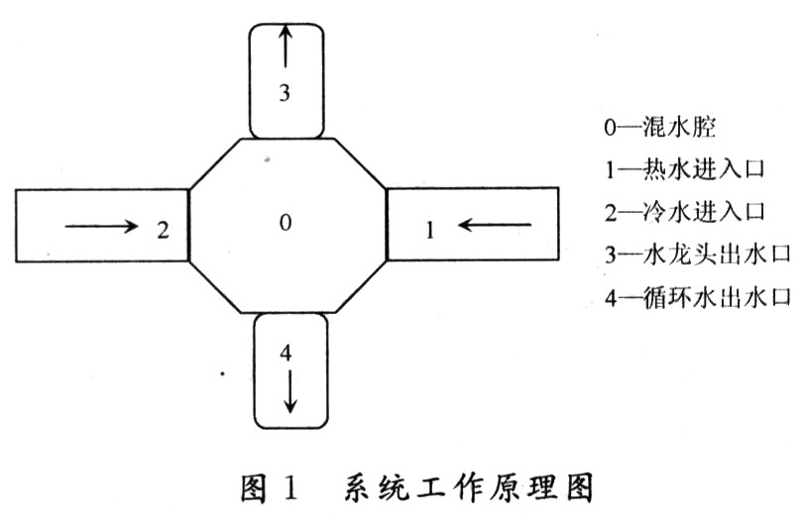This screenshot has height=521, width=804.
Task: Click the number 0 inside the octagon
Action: (x=286, y=222)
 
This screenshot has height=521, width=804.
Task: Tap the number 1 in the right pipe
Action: (x=430, y=230)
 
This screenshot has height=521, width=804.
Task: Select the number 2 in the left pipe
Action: (x=163, y=230)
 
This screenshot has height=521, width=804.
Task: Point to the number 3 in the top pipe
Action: (x=285, y=93)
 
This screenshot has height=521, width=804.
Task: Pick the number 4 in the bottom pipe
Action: (x=286, y=353)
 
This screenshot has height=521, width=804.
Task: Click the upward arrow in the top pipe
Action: (x=286, y=47)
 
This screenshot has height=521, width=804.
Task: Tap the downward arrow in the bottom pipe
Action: (x=289, y=391)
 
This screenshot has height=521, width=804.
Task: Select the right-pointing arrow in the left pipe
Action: (x=101, y=226)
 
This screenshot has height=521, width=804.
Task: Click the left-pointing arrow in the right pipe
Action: (x=495, y=225)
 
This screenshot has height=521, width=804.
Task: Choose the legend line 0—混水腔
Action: (x=660, y=127)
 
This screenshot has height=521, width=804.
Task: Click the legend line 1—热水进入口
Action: (x=684, y=169)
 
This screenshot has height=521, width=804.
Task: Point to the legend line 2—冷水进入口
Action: (x=684, y=212)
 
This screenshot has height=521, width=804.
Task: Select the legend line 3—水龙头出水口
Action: (x=697, y=255)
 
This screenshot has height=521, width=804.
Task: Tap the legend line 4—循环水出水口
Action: (x=697, y=297)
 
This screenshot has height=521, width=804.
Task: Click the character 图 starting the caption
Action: (x=255, y=487)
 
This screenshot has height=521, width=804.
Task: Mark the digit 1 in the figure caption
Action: (x=290, y=487)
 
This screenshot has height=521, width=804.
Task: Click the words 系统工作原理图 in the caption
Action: (x=468, y=487)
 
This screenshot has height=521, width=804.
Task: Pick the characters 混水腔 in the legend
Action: (x=679, y=127)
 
